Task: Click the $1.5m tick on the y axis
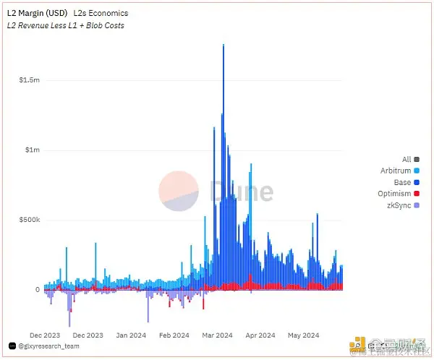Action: [30, 80]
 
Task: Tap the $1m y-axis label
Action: [33, 150]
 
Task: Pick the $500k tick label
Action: [30, 220]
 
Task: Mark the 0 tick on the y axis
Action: [37, 289]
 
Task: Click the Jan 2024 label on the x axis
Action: [132, 335]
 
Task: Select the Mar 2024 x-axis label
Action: [217, 335]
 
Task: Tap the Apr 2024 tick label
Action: [260, 335]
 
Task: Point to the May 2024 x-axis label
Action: [303, 335]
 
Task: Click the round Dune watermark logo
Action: [179, 191]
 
